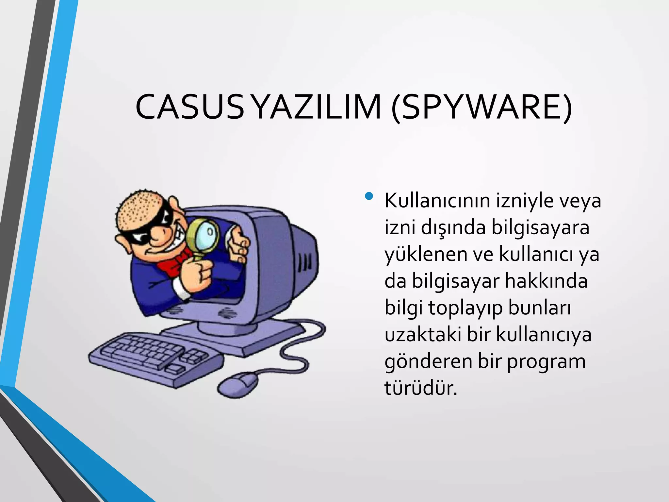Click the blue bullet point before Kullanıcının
[x=369, y=196]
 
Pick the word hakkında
[x=546, y=281]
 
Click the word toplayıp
[x=465, y=308]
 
